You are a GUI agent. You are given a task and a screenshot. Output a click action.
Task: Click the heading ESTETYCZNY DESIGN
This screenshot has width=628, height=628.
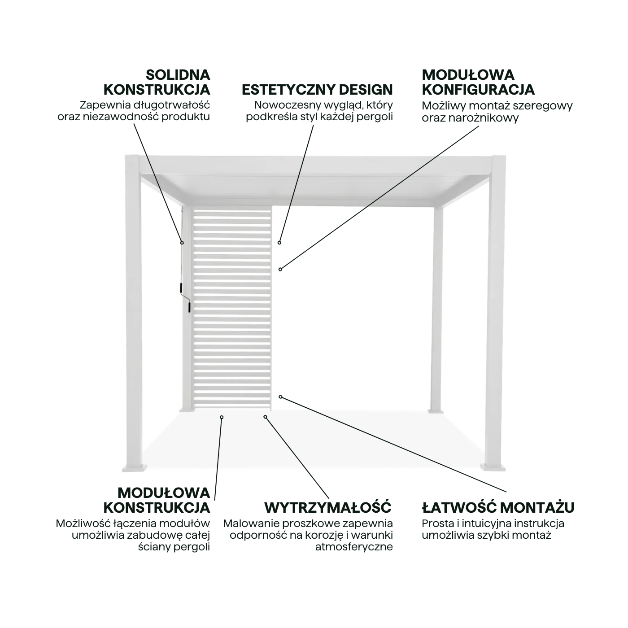click(x=317, y=90)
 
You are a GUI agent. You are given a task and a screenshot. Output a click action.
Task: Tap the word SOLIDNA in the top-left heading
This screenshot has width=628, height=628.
click(x=178, y=74)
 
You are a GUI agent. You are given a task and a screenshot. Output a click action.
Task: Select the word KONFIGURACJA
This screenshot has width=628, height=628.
click(x=478, y=90)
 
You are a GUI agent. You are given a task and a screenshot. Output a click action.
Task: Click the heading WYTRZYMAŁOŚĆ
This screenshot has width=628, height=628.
click(x=328, y=508)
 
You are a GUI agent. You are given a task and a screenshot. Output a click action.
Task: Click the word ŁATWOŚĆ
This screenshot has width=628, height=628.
click(x=459, y=508)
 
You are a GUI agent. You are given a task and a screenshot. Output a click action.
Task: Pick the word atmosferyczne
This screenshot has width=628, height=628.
click(x=354, y=547)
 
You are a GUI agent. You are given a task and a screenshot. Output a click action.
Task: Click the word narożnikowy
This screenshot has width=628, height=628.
click(x=491, y=118)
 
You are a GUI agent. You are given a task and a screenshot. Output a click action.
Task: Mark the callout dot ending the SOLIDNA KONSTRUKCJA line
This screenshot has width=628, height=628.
click(x=182, y=243)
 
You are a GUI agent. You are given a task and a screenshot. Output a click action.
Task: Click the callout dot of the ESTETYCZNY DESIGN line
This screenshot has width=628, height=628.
click(x=279, y=243)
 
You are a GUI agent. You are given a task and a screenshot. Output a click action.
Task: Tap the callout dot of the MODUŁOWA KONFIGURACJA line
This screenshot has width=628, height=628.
click(x=280, y=269)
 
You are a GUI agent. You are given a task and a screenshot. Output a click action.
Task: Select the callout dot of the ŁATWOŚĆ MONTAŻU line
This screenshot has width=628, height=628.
click(x=280, y=397)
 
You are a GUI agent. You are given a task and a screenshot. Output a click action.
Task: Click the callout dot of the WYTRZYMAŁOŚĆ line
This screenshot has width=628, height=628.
click(x=265, y=417)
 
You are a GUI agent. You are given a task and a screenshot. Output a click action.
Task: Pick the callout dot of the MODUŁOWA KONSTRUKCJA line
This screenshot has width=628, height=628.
click(x=222, y=417)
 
